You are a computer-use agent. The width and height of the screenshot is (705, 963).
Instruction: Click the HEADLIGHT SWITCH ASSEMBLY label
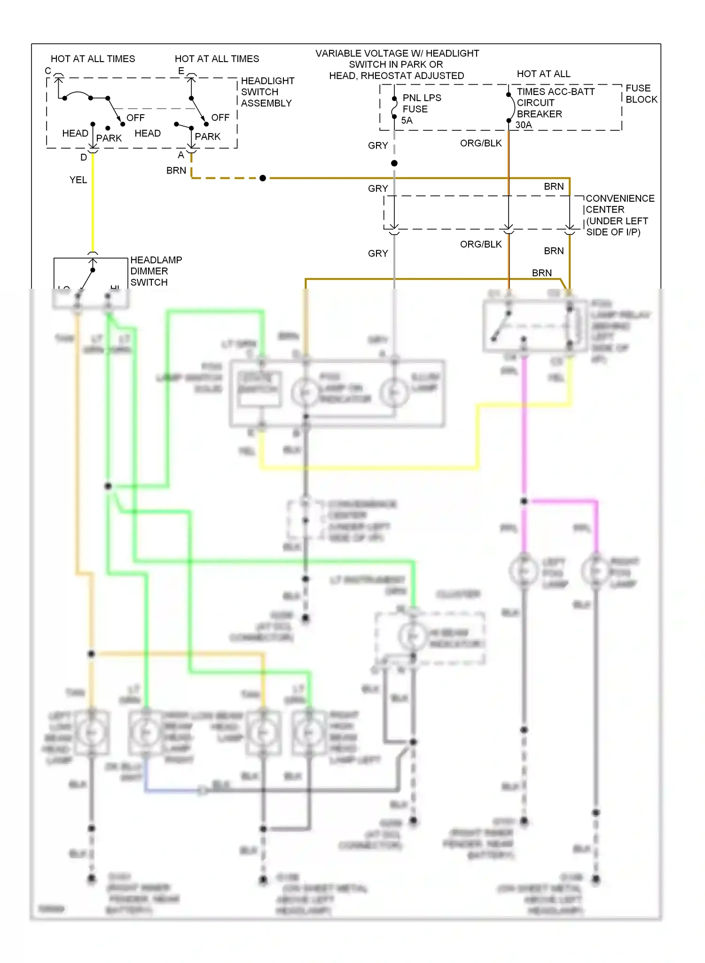click(x=267, y=92)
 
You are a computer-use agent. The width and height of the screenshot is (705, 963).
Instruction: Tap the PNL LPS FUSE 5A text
click(x=421, y=109)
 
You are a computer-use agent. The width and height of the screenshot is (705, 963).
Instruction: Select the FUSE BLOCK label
click(x=641, y=94)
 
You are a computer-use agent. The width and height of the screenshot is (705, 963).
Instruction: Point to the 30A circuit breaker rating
click(x=524, y=125)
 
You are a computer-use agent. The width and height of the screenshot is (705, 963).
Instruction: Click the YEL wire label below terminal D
click(x=78, y=180)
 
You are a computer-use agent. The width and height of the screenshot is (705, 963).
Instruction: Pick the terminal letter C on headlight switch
click(x=48, y=71)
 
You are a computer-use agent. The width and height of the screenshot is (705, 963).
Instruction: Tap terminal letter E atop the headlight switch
click(x=181, y=71)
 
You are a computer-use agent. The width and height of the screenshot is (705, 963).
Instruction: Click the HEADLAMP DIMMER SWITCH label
click(x=156, y=271)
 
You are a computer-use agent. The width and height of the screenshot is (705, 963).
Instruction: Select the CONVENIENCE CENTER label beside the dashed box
click(x=619, y=215)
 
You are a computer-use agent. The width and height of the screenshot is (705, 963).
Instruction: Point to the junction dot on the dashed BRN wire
click(x=263, y=178)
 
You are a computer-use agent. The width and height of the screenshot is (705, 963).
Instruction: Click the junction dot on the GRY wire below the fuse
click(x=394, y=163)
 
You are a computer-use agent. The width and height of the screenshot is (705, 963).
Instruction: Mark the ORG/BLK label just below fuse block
click(x=481, y=143)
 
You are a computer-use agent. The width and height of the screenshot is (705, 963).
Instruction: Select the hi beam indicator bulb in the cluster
click(x=413, y=636)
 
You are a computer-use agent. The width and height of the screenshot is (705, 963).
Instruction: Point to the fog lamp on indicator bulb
click(x=305, y=392)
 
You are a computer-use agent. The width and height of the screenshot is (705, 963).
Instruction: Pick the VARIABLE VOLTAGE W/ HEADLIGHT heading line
click(x=397, y=54)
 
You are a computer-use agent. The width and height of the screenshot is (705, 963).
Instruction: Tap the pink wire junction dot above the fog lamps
click(x=524, y=501)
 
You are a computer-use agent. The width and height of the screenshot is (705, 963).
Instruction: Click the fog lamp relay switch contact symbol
click(x=501, y=325)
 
